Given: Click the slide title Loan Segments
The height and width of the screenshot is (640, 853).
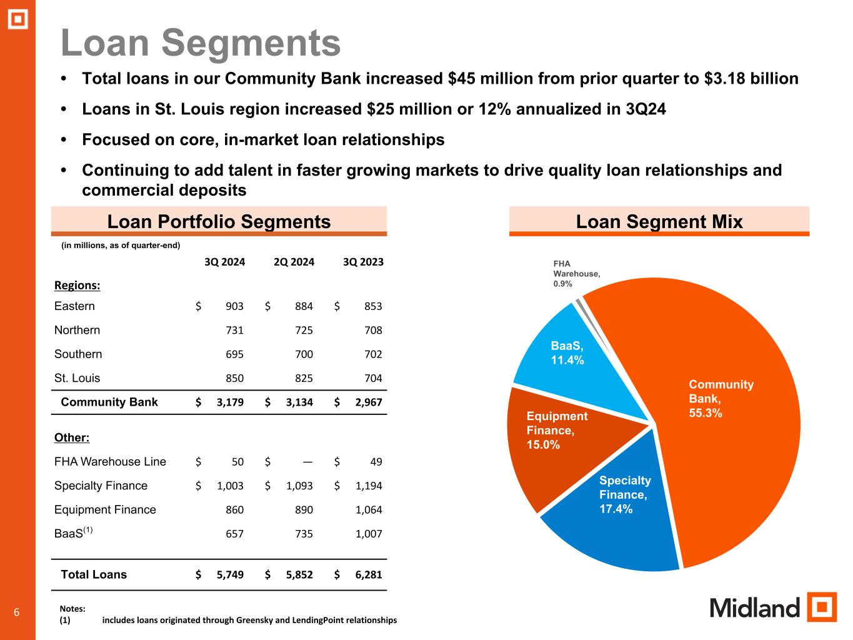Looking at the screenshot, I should pos(201,43).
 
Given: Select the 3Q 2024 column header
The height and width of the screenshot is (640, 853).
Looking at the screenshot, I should pos(225,262).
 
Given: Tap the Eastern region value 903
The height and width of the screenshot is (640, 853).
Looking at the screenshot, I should pos(234,306).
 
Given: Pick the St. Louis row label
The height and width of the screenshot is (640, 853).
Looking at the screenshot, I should pos(77,378).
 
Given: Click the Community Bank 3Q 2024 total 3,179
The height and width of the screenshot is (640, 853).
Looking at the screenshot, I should pos(230,402).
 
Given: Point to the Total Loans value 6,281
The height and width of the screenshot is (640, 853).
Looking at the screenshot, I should pos(368,575).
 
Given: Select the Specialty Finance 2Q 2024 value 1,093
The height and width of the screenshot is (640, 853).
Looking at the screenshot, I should pos(299,486).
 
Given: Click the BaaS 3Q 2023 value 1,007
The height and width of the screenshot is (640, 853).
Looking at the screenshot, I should pos(368,534).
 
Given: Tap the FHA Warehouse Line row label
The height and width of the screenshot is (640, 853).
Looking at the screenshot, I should pos(110,462).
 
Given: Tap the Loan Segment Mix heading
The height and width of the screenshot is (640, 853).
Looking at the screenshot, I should pos(659,221).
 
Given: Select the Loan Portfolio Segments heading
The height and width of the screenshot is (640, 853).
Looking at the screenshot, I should pos(219,221).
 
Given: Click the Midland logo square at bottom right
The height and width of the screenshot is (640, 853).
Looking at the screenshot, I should pos(821,607).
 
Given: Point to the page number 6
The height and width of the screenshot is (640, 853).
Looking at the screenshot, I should pos(17,612).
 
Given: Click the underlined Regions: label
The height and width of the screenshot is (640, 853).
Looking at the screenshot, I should pos(77,286).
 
